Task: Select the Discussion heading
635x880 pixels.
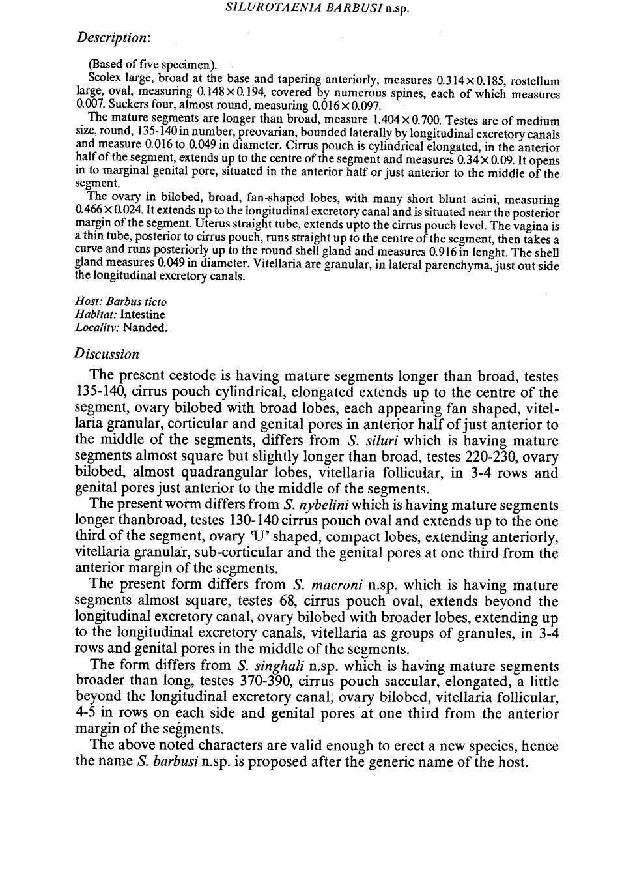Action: point(107,354)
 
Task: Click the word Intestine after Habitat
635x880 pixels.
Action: point(143,315)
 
